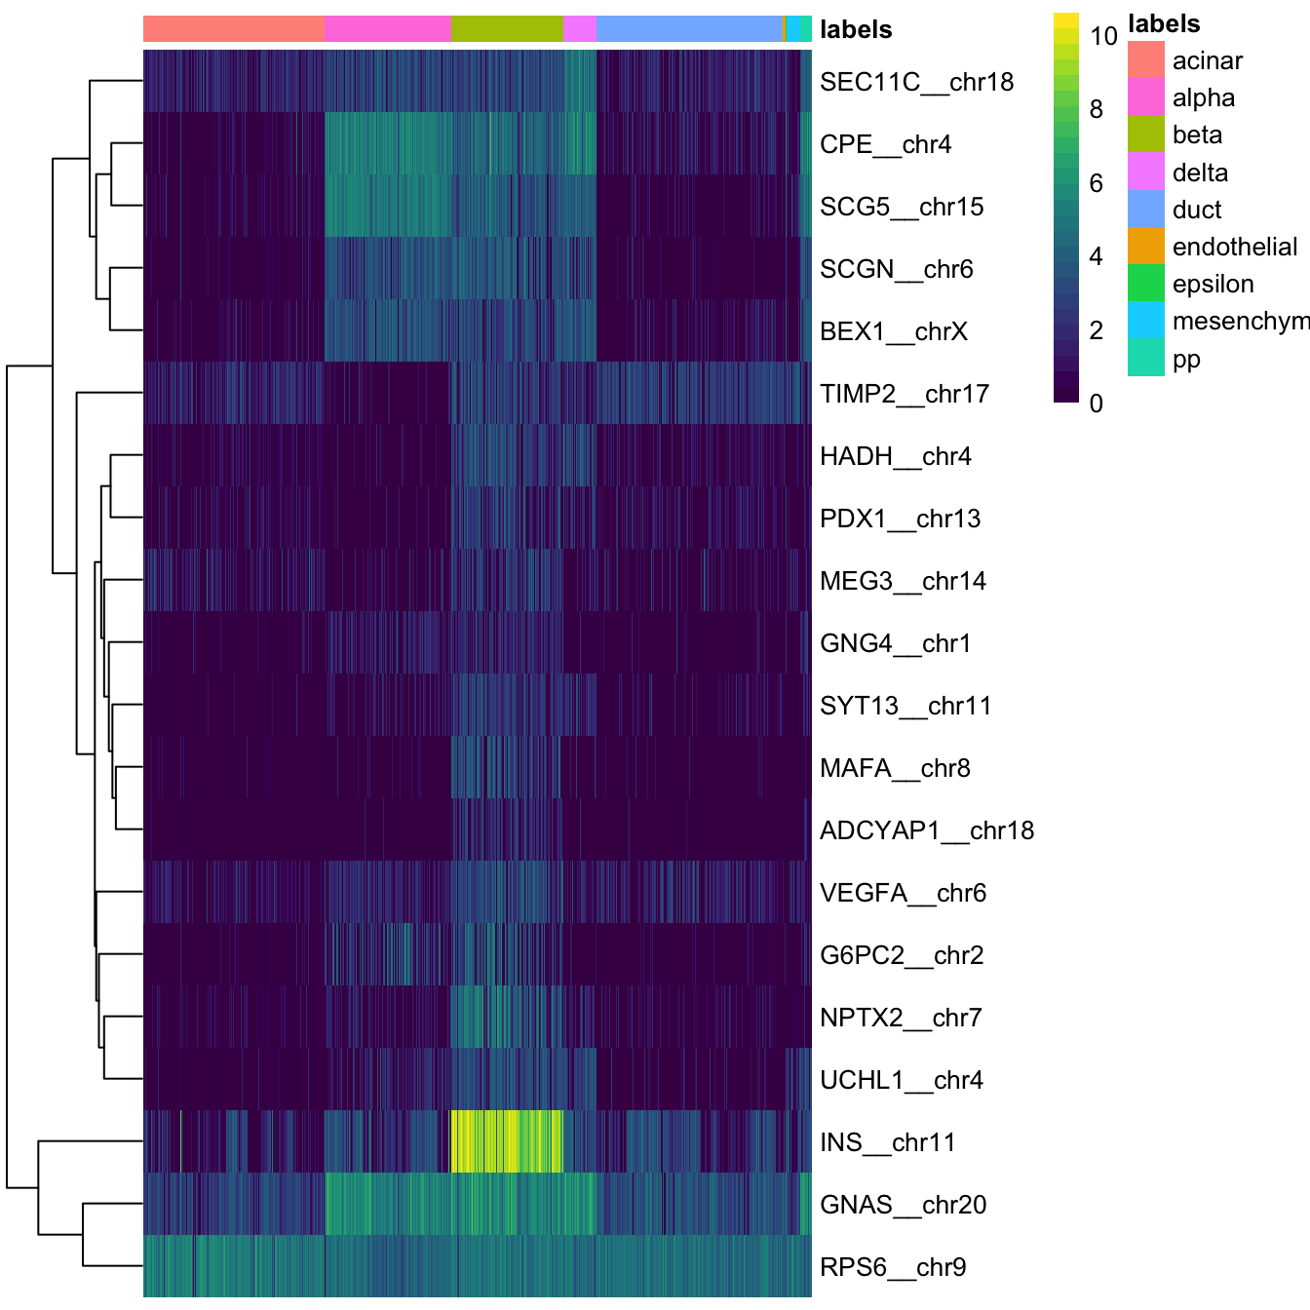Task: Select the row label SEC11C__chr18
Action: click(916, 82)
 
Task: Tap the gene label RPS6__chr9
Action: click(893, 1267)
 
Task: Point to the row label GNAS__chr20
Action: click(903, 1205)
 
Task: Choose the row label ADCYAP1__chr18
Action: click(926, 830)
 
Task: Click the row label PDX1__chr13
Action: click(900, 519)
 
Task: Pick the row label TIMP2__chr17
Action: click(904, 394)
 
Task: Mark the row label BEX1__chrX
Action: click(893, 331)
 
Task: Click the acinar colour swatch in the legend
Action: click(1145, 60)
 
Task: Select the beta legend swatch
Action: click(1145, 135)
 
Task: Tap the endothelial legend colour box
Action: click(1145, 247)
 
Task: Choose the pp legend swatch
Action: click(1145, 359)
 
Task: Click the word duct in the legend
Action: click(1197, 210)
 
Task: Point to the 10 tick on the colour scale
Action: click(1103, 36)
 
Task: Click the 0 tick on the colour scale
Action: click(1097, 403)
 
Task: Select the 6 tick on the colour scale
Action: click(1097, 183)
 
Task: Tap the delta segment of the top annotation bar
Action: click(579, 29)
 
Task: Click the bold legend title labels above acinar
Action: click(1163, 24)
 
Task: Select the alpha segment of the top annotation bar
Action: click(388, 29)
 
